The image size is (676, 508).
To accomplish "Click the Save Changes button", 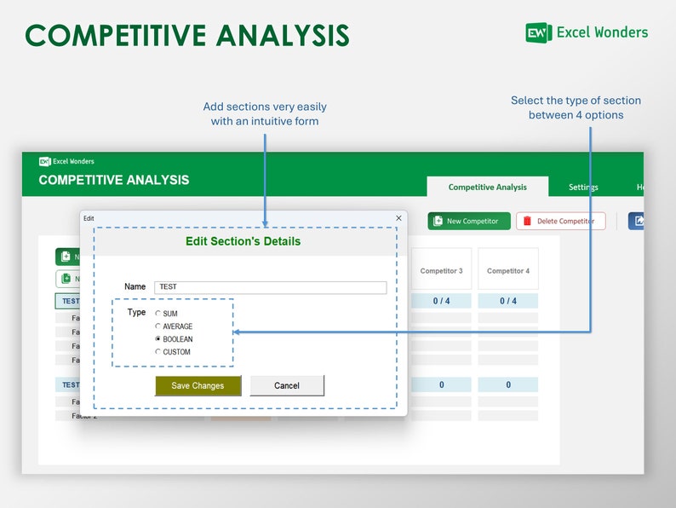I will [198, 386].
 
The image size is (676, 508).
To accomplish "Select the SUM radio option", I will [158, 314].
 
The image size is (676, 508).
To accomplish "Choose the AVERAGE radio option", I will [158, 326].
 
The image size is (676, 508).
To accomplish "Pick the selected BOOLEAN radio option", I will [158, 339].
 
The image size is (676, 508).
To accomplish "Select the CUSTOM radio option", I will [158, 352].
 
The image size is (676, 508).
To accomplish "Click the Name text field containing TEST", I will [270, 287].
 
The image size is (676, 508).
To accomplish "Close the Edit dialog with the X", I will [398, 218].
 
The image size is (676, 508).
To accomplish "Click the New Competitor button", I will [469, 221].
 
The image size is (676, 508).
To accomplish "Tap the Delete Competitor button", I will [560, 221].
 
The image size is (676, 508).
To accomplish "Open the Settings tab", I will [583, 188].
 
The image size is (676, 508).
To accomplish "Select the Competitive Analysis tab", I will [487, 188].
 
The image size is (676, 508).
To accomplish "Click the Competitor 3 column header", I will [441, 271].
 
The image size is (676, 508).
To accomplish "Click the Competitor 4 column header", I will [508, 271].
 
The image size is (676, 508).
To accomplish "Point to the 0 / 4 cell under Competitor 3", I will [441, 301].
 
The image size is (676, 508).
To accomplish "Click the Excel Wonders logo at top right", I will [587, 32].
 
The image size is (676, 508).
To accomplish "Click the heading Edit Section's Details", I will [243, 241].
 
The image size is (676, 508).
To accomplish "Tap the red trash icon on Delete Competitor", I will [527, 221].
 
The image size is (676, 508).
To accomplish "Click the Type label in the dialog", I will [136, 313].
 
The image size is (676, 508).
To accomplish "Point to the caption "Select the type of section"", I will [576, 101].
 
